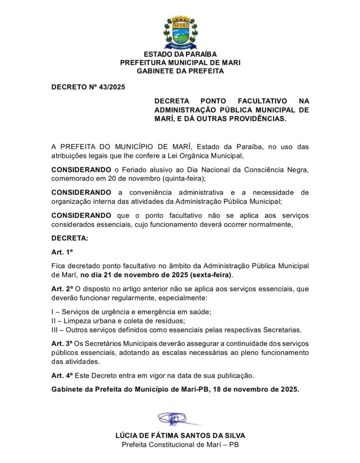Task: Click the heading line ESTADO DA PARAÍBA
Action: pos(180,54)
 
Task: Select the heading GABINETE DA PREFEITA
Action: pos(180,71)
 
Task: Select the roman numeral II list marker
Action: pos(53,321)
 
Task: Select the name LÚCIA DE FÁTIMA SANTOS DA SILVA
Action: pos(180,436)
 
